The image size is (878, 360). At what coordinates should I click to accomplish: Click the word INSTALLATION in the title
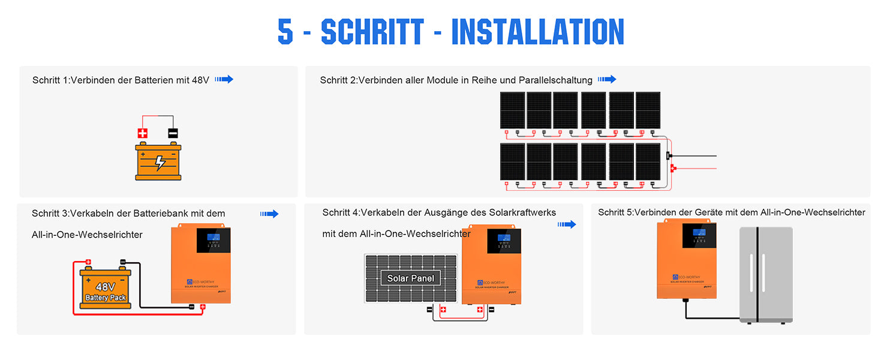pyautogui.click(x=537, y=31)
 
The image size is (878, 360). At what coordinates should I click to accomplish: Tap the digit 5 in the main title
pyautogui.click(x=285, y=31)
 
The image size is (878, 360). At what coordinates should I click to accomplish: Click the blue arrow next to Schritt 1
pyautogui.click(x=224, y=79)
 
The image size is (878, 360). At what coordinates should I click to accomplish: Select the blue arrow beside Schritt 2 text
pyautogui.click(x=607, y=79)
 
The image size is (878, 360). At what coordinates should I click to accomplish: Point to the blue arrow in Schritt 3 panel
pyautogui.click(x=269, y=214)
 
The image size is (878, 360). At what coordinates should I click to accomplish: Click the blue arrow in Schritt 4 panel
pyautogui.click(x=567, y=224)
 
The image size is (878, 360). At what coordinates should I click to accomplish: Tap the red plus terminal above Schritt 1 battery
pyautogui.click(x=143, y=133)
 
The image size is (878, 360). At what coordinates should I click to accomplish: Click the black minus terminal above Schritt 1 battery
pyautogui.click(x=173, y=133)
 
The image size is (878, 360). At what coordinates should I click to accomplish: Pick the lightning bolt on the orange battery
pyautogui.click(x=160, y=163)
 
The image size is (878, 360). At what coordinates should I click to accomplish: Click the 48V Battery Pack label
pyautogui.click(x=106, y=292)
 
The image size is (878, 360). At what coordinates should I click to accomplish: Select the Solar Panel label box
pyautogui.click(x=410, y=278)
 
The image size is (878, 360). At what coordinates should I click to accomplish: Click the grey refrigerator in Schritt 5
pyautogui.click(x=766, y=275)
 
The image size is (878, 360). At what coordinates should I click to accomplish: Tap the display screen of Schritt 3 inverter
pyautogui.click(x=214, y=241)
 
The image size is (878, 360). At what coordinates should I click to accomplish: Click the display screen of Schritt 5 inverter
pyautogui.click(x=699, y=235)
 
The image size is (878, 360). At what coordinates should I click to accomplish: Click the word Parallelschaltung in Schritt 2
pyautogui.click(x=555, y=80)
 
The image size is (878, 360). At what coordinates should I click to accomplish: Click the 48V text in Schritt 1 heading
pyautogui.click(x=200, y=80)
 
